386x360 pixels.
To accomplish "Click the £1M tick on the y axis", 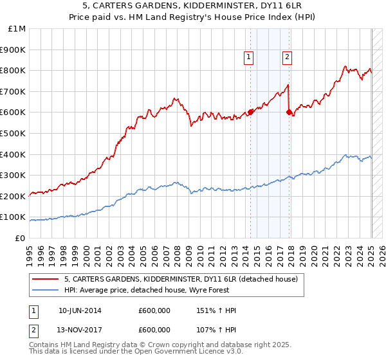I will pyautogui.click(x=17, y=28).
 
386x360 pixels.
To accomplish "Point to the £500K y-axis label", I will pyautogui.click(x=14, y=133).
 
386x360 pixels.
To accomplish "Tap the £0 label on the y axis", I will pyautogui.click(x=21, y=238).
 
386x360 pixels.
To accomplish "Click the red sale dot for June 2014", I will pyautogui.click(x=250, y=112).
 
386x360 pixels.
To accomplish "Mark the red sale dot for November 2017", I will pyautogui.click(x=289, y=112).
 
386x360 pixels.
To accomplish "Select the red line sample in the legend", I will pyautogui.click(x=46, y=279).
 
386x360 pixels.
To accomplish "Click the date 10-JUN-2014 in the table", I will pyautogui.click(x=80, y=310).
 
